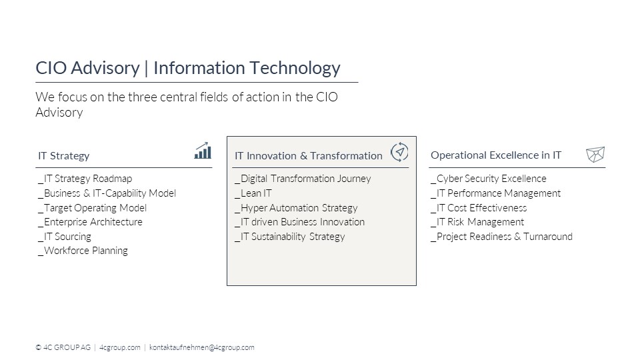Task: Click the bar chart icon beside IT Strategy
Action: (203, 151)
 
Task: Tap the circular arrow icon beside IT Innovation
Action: (399, 152)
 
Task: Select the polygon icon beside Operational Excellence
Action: (595, 154)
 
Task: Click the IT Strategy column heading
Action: (64, 156)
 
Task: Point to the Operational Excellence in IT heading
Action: (496, 155)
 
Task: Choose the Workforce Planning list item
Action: (83, 251)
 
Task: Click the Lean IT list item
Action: (253, 193)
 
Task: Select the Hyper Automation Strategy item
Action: (296, 208)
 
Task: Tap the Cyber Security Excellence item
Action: (489, 179)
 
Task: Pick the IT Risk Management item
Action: (477, 222)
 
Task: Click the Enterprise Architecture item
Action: (90, 222)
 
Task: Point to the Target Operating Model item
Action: (92, 208)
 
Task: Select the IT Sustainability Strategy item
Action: (290, 237)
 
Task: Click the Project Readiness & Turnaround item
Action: (501, 237)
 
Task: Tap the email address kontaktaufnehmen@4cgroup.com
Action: (201, 347)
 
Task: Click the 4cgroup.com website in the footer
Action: (119, 347)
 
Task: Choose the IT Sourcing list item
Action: (65, 237)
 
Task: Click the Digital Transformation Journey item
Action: (303, 179)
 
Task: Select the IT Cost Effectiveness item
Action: (479, 208)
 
